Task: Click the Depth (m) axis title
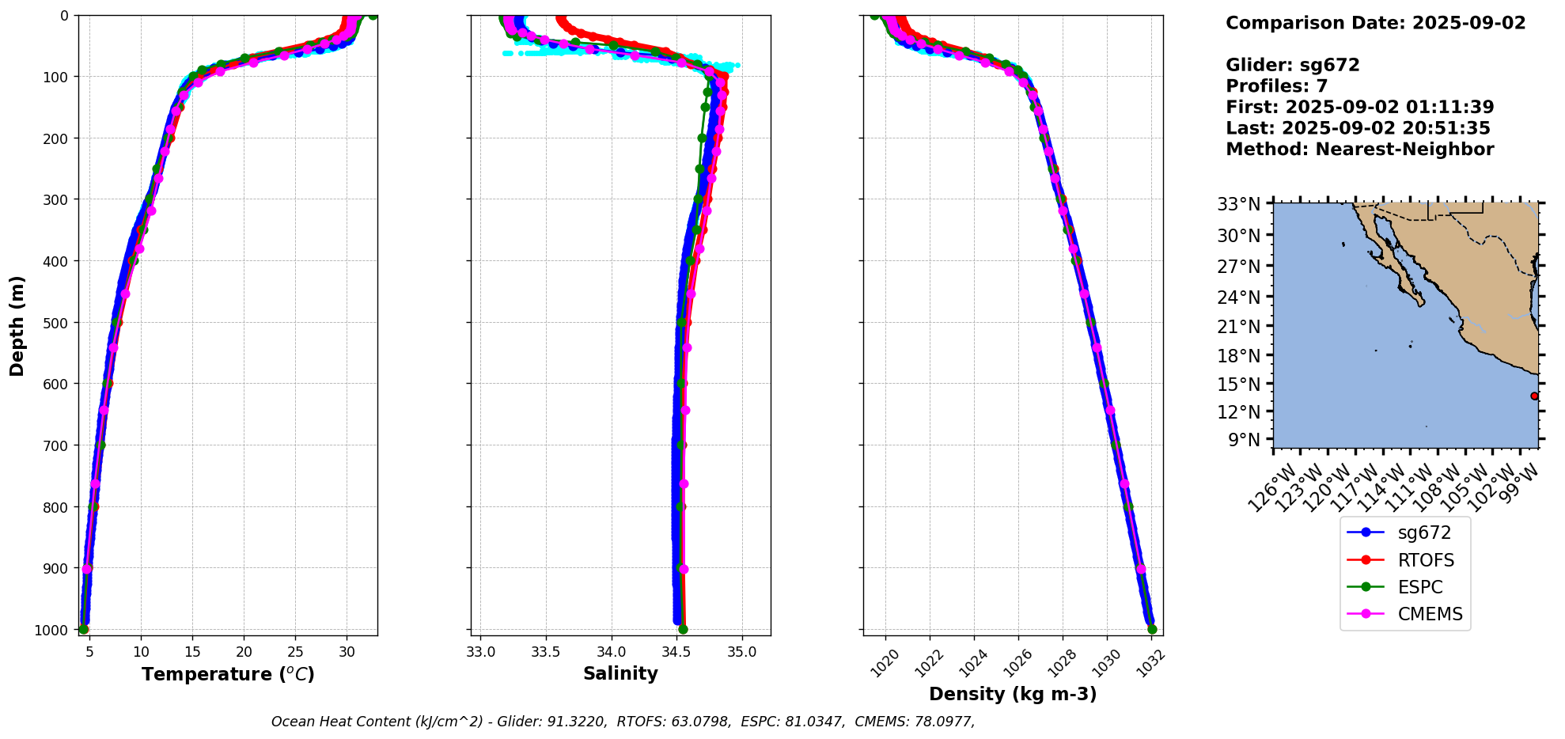point(17,325)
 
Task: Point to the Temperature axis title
point(228,674)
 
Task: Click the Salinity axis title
point(620,673)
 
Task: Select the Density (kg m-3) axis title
point(1013,694)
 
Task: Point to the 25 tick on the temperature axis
point(295,652)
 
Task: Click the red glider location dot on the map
point(1534,396)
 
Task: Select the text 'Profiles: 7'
point(1276,86)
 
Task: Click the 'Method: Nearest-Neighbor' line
point(1359,149)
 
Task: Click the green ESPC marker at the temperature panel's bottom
point(83,629)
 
